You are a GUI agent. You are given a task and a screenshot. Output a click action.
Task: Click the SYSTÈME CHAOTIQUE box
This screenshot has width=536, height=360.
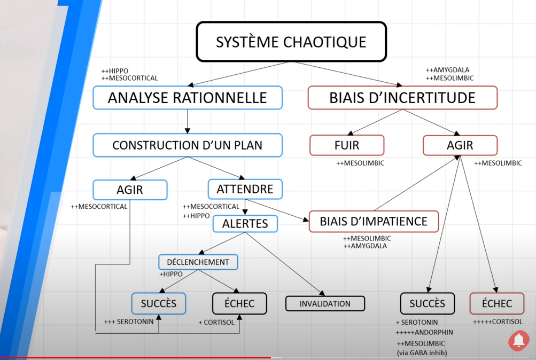coord(291,42)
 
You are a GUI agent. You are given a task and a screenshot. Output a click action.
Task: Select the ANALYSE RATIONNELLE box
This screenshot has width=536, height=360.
coord(187,98)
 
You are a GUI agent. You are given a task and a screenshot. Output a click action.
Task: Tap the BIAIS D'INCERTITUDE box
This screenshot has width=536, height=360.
coord(402,98)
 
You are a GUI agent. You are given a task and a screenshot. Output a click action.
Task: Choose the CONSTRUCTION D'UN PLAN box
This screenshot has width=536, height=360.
coord(187,145)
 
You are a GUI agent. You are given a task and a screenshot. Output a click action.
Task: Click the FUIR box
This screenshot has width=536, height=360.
coord(347,145)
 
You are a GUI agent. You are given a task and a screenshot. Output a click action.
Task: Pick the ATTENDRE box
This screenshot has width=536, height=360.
coord(245,189)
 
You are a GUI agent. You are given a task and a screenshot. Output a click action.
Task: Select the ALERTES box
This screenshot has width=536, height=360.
coord(245,223)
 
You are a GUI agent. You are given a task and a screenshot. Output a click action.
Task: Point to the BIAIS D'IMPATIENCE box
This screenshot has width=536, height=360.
coord(374,221)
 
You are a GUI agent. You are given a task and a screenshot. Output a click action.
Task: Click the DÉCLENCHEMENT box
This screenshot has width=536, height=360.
coord(198,262)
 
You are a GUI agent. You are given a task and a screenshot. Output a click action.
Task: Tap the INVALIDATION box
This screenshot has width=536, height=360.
coord(325,303)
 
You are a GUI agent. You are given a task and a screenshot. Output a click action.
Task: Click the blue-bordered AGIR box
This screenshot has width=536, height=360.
coord(130,190)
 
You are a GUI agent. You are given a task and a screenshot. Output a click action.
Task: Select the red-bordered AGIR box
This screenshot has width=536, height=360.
coord(460,145)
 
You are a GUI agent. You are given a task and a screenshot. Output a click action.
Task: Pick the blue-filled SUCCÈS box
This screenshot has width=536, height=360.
coord(159,303)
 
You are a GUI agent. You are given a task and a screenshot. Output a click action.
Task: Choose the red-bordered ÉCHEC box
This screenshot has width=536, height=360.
coord(497,303)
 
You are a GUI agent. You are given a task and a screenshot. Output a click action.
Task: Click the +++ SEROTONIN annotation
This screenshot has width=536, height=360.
coord(129,322)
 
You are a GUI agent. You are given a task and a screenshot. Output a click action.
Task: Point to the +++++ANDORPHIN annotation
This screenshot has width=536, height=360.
coord(424,333)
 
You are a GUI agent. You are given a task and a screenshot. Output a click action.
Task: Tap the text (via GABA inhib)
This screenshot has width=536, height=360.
coord(422,353)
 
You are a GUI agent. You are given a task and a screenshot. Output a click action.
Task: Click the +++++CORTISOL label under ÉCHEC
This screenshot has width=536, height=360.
coord(498,322)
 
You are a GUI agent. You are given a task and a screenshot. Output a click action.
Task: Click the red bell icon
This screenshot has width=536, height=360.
coord(518,340)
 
